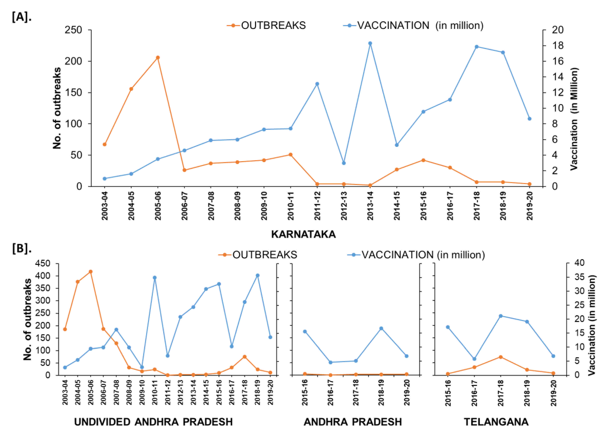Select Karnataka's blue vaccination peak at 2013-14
pos(370,43)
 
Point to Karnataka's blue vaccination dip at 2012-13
pos(344,163)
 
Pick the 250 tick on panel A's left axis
pos(73,30)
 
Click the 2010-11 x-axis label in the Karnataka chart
pos(291,206)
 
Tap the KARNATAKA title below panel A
pos(303,234)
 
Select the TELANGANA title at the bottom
pos(496,422)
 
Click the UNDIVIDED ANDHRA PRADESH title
pos(153,422)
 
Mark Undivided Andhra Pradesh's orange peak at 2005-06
pos(91,271)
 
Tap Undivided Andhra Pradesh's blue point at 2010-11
pos(154,278)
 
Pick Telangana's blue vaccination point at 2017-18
pos(500,316)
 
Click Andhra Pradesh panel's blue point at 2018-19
pos(381,328)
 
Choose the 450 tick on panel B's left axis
pos(42,263)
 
